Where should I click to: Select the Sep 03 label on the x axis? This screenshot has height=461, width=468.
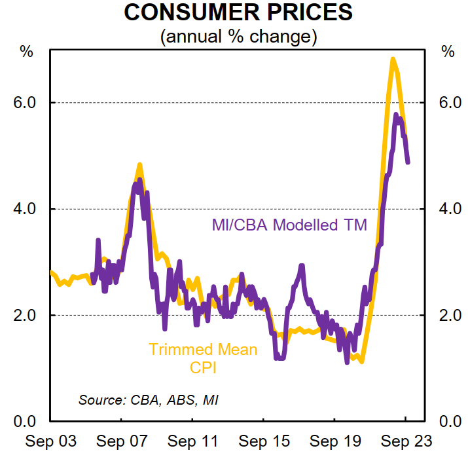click(51, 441)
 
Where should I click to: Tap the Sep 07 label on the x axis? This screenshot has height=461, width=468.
click(122, 441)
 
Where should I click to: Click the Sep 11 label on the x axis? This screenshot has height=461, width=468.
click(192, 441)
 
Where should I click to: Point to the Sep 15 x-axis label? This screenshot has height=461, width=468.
click(264, 441)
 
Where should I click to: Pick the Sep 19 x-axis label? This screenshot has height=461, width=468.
click(334, 441)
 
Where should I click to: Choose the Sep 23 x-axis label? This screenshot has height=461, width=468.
click(406, 441)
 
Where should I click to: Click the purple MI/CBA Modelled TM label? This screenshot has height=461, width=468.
click(289, 225)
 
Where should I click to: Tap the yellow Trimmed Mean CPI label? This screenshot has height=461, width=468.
click(203, 358)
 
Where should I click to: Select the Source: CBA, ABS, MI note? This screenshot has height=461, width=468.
click(149, 399)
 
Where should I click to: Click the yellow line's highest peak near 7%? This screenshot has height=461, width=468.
click(392, 60)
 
